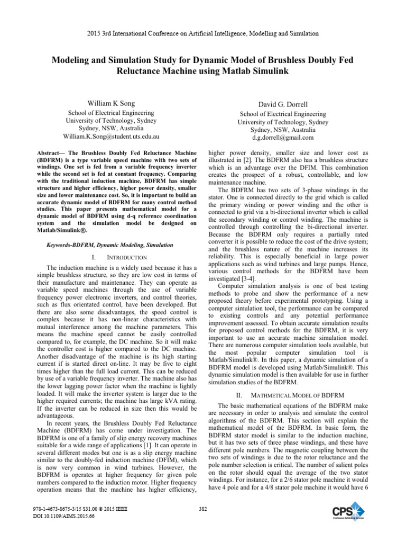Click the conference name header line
point(203,33)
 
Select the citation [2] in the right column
point(250,160)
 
